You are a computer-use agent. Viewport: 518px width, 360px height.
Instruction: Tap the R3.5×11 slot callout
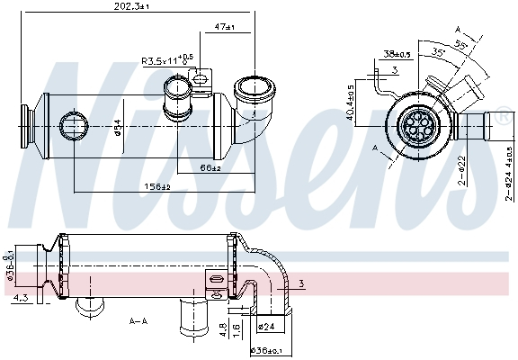tap(167, 61)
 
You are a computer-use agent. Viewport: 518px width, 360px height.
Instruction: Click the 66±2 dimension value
tap(210, 167)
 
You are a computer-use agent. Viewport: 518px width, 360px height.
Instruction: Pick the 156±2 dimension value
tap(158, 187)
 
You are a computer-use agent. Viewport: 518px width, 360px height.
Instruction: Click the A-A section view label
tap(139, 319)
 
